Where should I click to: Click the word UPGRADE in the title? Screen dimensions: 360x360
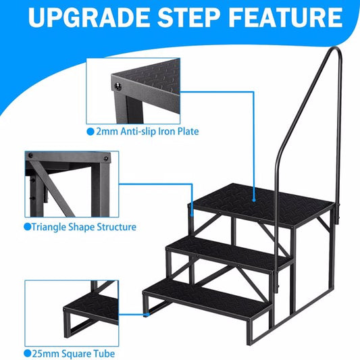pyautogui.click(x=89, y=18)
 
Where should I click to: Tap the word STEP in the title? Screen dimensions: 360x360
pyautogui.click(x=188, y=18)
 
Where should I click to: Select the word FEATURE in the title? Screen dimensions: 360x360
pyautogui.click(x=286, y=18)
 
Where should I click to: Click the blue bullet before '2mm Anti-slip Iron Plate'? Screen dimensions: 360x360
pyautogui.click(x=91, y=132)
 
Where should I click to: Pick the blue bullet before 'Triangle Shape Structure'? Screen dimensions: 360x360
pyautogui.click(x=27, y=227)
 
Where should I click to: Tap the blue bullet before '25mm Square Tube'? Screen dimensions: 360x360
pyautogui.click(x=28, y=353)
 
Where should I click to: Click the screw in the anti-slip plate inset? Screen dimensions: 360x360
pyautogui.click(x=118, y=86)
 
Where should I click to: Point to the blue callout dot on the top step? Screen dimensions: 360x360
pyautogui.click(x=254, y=200)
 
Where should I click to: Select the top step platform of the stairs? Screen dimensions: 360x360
pyautogui.click(x=262, y=205)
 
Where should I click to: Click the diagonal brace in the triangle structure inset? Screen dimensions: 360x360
pyautogui.click(x=51, y=188)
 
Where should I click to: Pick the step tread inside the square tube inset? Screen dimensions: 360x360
pyautogui.click(x=92, y=307)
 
